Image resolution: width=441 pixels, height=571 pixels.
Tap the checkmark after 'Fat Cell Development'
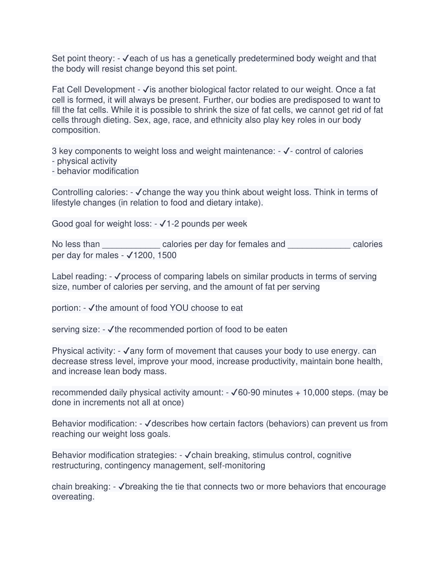[146, 90]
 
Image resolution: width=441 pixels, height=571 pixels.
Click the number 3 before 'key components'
[54, 151]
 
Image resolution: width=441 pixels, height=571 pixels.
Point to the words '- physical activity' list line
[84, 161]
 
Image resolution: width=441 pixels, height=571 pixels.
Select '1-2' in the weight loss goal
[173, 224]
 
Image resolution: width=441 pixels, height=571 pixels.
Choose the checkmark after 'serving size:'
[111, 330]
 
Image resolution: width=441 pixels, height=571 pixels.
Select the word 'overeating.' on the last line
[73, 497]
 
